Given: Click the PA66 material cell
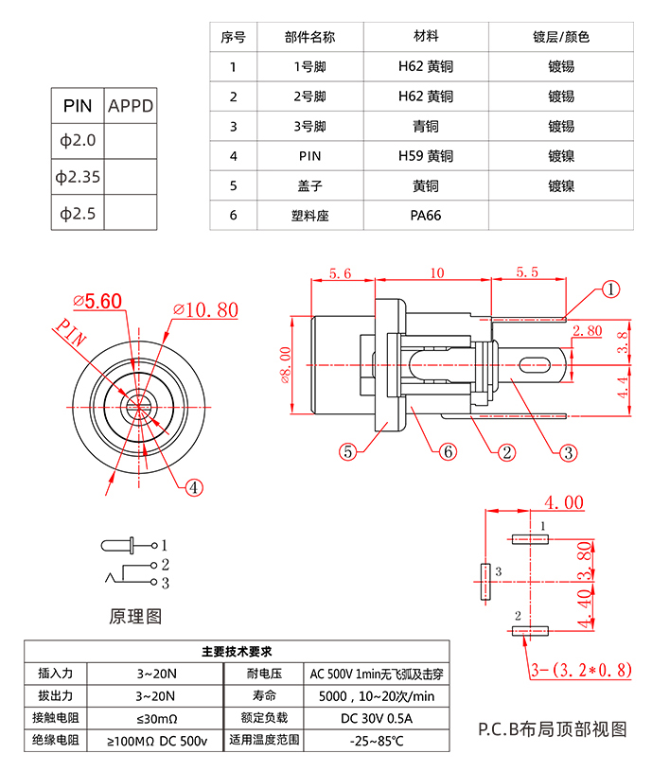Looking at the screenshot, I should pyautogui.click(x=425, y=215).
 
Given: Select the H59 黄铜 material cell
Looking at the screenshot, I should pyautogui.click(x=425, y=156).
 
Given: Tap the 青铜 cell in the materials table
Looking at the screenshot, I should pyautogui.click(x=425, y=126).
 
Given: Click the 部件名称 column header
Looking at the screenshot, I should pyautogui.click(x=308, y=37).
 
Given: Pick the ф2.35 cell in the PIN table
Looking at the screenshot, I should pyautogui.click(x=78, y=177).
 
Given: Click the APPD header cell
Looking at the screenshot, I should pyautogui.click(x=130, y=106).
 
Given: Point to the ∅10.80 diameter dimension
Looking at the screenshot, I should pyautogui.click(x=205, y=310).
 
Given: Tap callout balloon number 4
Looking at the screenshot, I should pyautogui.click(x=193, y=488).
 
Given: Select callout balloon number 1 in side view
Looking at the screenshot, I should pyautogui.click(x=611, y=289).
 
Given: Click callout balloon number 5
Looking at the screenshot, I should pyautogui.click(x=348, y=452).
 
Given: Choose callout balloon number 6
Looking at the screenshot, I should pyautogui.click(x=449, y=452).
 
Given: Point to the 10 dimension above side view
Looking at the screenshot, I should pyautogui.click(x=436, y=273).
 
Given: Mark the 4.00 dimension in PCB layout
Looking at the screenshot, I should pyautogui.click(x=562, y=502).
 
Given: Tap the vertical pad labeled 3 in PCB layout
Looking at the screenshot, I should pyautogui.click(x=485, y=583).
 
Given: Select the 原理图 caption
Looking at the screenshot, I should pyautogui.click(x=135, y=617).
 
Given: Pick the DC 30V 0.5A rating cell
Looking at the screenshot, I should pyautogui.click(x=377, y=717).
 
